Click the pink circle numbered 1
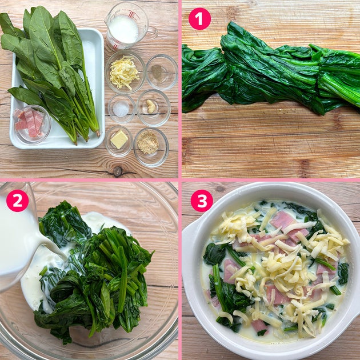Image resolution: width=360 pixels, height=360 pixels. click(199, 19)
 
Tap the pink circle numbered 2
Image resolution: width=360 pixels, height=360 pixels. click(17, 201)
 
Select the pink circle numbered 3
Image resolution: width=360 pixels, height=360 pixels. click(202, 201)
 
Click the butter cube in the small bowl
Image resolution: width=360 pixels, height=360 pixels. click(119, 139)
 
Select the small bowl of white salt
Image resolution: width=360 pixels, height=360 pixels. click(122, 109)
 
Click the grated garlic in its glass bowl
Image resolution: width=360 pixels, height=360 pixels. click(151, 106)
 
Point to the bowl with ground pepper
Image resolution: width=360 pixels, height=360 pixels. click(162, 72)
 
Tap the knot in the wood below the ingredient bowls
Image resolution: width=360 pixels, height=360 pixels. click(118, 171)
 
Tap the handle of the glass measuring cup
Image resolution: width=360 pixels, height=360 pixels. click(152, 32)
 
